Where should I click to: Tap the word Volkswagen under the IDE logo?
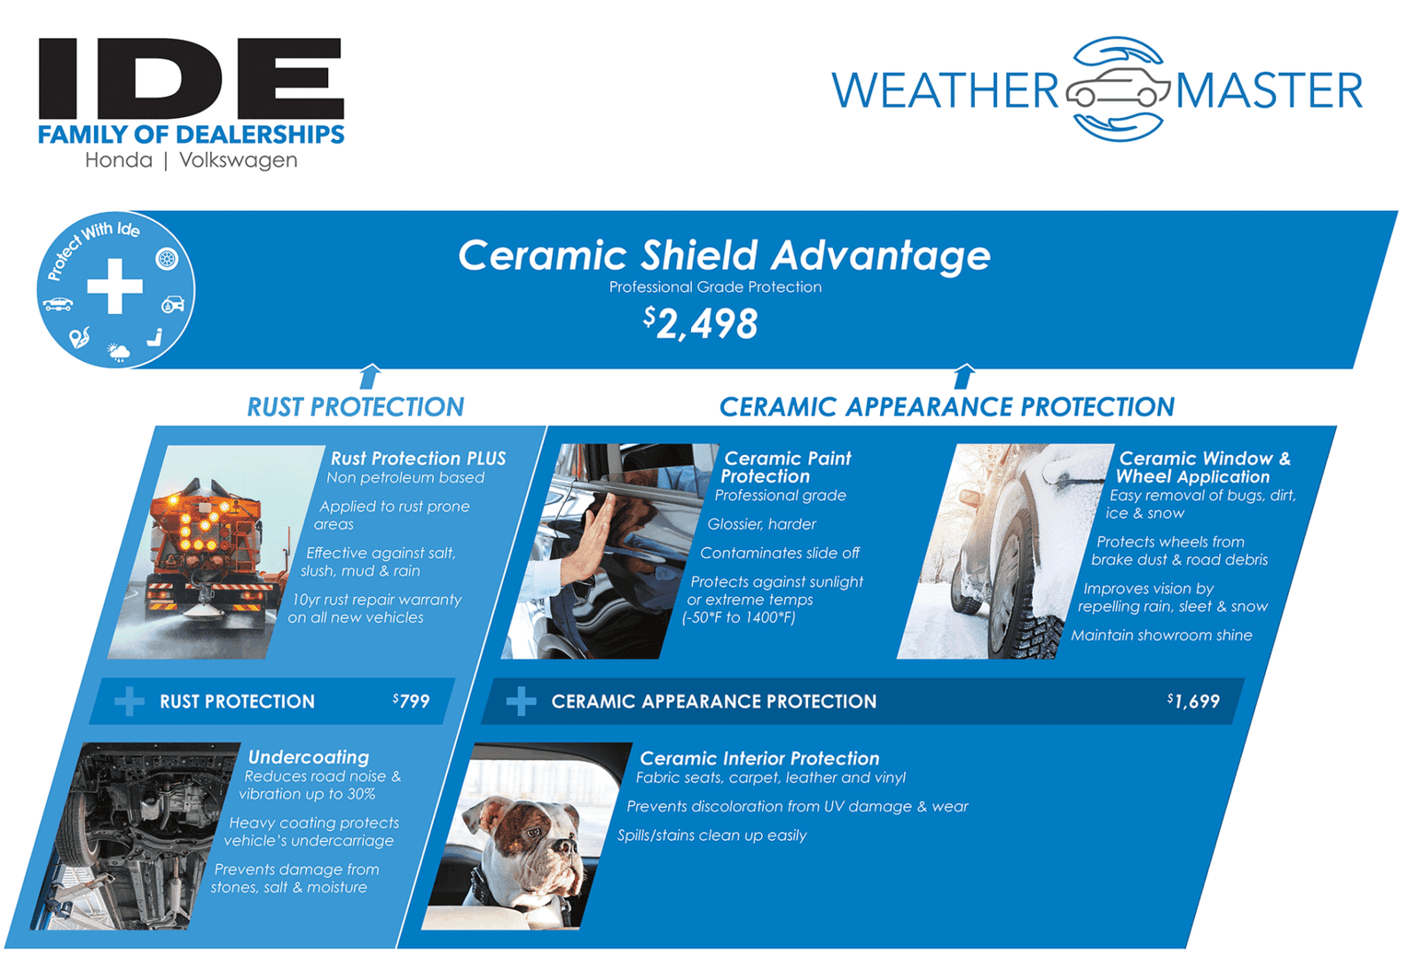pos(238,161)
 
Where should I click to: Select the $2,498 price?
pos(701,324)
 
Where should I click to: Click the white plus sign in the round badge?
pos(114,287)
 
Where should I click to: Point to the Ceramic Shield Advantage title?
pos(724,255)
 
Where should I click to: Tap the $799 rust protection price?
pos(412,702)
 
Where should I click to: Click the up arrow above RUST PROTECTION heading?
pos(370,376)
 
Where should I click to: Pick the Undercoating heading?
pos(309,758)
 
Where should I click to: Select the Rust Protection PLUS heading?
pos(418,459)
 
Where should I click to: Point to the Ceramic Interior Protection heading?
pos(759,758)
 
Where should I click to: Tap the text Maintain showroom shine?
pos(1161,635)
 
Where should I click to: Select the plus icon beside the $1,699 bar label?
pos(521,702)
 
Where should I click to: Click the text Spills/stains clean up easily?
pos(711,836)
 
